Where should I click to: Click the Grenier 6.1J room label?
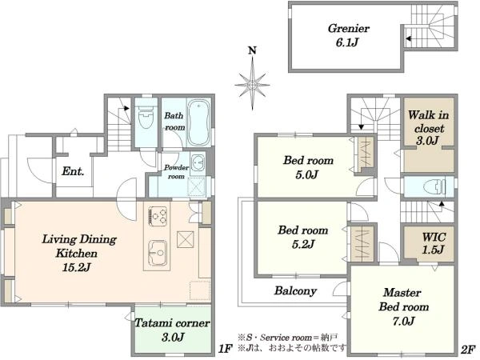click(348, 35)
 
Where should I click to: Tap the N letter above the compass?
click(252, 50)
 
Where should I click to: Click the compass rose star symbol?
click(252, 85)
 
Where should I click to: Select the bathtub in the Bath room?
click(199, 122)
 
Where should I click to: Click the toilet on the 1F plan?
click(146, 117)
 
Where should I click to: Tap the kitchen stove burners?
click(158, 216)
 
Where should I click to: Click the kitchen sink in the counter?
click(158, 253)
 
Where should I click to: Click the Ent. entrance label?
click(73, 171)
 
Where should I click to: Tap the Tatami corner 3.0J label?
click(172, 330)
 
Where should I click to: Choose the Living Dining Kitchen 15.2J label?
click(78, 253)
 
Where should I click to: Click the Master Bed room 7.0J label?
click(403, 306)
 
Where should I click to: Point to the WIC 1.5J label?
click(434, 243)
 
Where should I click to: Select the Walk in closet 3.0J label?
click(428, 127)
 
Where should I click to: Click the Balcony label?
click(295, 290)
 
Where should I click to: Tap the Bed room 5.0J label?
click(308, 167)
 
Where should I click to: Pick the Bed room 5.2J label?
click(302, 237)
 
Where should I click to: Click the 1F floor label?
click(226, 349)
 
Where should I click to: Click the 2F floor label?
click(468, 350)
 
